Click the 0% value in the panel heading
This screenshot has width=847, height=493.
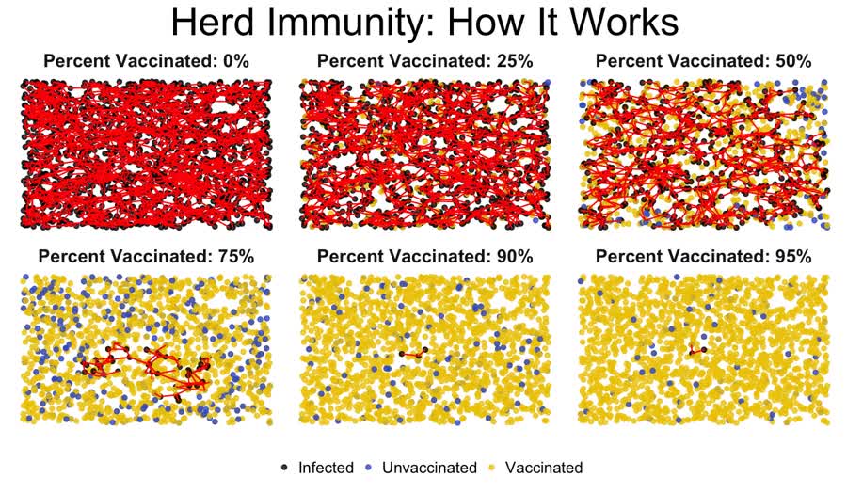235,61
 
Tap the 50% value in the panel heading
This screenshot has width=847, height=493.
792,61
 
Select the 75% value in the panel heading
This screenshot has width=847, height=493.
235,256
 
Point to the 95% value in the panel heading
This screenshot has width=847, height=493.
792,256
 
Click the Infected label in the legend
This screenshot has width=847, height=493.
326,468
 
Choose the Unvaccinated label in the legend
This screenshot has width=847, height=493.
429,468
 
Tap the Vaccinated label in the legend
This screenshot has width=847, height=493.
544,468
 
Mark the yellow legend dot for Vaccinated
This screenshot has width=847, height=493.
491,468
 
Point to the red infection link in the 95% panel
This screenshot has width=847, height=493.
697,351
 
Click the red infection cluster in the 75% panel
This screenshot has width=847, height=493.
147,370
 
